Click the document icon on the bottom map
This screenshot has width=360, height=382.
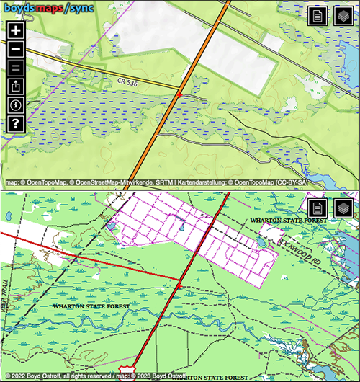click(x=318, y=209)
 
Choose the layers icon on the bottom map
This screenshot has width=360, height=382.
click(x=343, y=209)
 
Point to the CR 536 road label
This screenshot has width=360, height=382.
click(x=126, y=83)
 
